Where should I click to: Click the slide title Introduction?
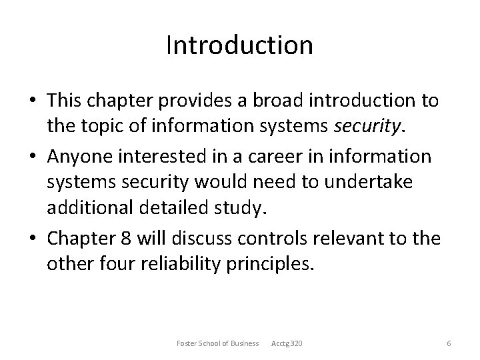coord(239,45)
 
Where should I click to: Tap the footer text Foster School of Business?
coord(217,343)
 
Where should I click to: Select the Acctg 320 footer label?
coord(287,343)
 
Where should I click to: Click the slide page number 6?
coord(449,343)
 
